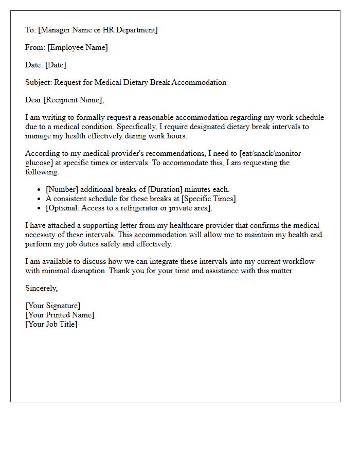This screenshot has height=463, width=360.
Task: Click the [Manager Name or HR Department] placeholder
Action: pyautogui.click(x=98, y=30)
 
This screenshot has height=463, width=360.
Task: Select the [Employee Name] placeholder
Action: pyautogui.click(x=78, y=47)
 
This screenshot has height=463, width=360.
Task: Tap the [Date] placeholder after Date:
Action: pyautogui.click(x=56, y=65)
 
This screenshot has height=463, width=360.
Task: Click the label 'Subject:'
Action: pyautogui.click(x=39, y=82)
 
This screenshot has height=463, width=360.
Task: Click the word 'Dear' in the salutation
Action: pyautogui.click(x=34, y=100)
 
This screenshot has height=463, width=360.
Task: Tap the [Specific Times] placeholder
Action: pyautogui.click(x=209, y=199)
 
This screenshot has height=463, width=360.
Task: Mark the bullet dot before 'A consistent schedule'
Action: pyautogui.click(x=39, y=199)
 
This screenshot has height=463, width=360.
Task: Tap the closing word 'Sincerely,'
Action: pyautogui.click(x=42, y=288)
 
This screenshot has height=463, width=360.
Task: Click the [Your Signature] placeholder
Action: pyautogui.click(x=52, y=306)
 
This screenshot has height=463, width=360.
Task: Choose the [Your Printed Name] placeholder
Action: pyautogui.click(x=60, y=315)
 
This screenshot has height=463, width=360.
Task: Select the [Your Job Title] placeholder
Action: pyautogui.click(x=51, y=324)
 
